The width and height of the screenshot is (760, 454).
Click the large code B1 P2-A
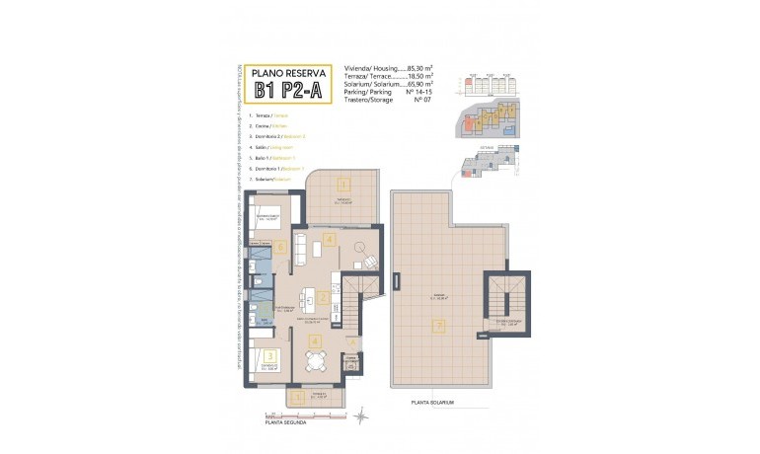(289, 92)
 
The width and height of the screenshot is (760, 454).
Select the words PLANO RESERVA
(289, 72)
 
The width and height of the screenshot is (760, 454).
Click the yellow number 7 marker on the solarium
(440, 325)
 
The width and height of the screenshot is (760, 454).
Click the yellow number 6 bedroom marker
(281, 248)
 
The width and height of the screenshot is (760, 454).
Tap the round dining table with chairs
(315, 362)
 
